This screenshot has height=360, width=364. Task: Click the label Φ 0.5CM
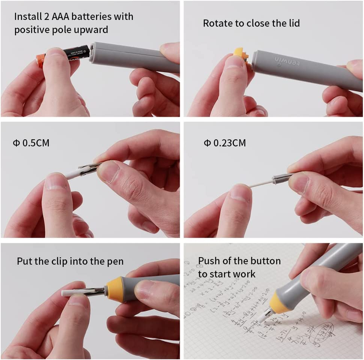point(31,143)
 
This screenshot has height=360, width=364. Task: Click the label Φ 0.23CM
point(225,143)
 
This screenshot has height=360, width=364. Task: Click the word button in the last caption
point(267,261)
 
